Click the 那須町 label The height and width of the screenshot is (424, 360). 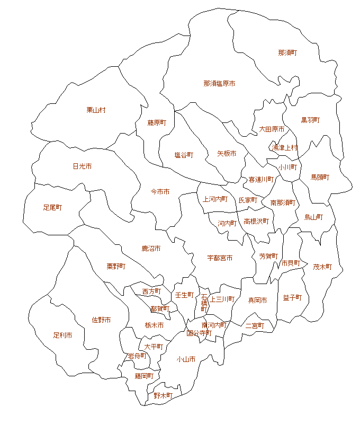(287, 52)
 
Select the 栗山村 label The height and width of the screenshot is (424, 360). (96, 110)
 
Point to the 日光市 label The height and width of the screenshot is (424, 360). (82, 166)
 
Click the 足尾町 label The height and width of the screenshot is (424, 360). (52, 207)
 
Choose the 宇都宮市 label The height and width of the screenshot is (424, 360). (220, 258)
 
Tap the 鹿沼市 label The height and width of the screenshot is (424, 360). (151, 248)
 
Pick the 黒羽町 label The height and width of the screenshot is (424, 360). (310, 120)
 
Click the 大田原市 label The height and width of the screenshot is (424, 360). (272, 129)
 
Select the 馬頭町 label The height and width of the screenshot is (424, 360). (320, 177)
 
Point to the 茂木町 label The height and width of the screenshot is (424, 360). (322, 267)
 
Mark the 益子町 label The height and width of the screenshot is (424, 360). (292, 297)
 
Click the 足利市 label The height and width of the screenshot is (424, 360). (62, 335)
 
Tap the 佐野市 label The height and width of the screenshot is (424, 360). (101, 320)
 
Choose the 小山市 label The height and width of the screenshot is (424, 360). (186, 359)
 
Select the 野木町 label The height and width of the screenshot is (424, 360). (163, 395)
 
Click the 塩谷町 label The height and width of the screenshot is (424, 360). (184, 155)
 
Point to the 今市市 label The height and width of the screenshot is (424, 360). (160, 191)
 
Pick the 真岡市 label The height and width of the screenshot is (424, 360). (258, 300)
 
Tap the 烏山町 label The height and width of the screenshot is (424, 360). (313, 217)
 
